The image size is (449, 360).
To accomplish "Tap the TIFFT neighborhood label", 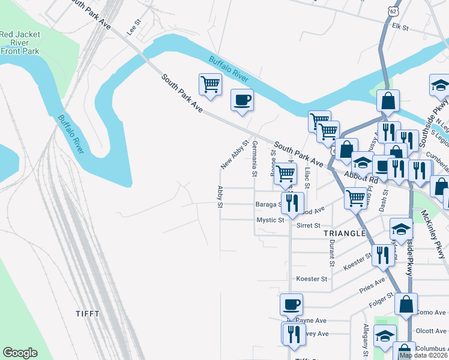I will [x=88, y=314].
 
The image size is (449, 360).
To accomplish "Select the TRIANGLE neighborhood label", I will [x=345, y=233].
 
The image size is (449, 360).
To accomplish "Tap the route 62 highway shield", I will [x=393, y=11].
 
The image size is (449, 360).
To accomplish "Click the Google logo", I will [x=20, y=353].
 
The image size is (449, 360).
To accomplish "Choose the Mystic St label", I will [x=270, y=220].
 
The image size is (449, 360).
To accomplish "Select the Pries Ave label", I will [x=372, y=284].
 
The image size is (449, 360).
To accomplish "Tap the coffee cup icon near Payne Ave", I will [x=292, y=305].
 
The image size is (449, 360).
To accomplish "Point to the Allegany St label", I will [x=365, y=340].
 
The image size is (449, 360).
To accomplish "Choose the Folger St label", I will [x=382, y=296].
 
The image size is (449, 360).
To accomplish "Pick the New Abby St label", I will [x=234, y=155].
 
